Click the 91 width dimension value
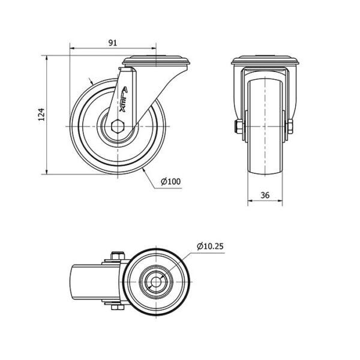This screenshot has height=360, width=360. pyautogui.click(x=113, y=43)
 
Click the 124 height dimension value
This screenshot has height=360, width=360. pyautogui.click(x=41, y=115)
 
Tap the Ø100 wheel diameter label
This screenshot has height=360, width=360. pyautogui.click(x=170, y=182)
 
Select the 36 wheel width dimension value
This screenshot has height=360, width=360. pyautogui.click(x=265, y=195)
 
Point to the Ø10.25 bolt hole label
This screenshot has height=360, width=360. pyautogui.click(x=210, y=247)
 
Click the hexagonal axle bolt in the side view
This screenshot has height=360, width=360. pyautogui.click(x=118, y=126)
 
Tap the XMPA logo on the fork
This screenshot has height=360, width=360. pyautogui.click(x=124, y=99)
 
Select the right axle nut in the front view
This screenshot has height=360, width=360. pyautogui.click(x=290, y=126)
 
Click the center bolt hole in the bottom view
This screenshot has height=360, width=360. pyautogui.click(x=156, y=282)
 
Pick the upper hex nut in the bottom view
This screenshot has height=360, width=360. pyautogui.click(x=118, y=256)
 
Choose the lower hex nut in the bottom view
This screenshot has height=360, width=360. pyautogui.click(x=118, y=307)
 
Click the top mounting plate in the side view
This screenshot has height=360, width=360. pyautogui.click(x=157, y=60)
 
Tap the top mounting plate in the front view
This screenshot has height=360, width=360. pyautogui.click(x=265, y=60)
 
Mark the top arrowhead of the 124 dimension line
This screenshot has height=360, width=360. pyautogui.click(x=47, y=58)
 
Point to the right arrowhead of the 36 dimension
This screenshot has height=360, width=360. pyautogui.click(x=280, y=201)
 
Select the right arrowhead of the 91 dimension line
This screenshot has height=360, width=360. pyautogui.click(x=154, y=49)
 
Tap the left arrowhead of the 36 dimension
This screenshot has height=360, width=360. pyautogui.click(x=250, y=201)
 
